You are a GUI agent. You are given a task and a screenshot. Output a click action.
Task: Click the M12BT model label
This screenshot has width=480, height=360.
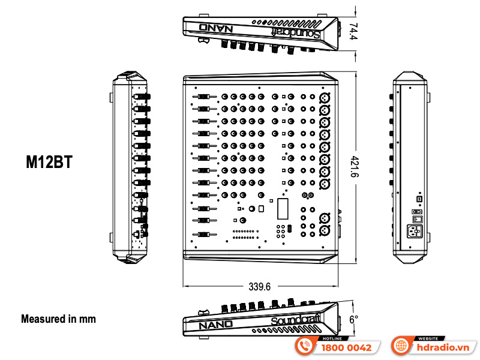[x=49, y=162]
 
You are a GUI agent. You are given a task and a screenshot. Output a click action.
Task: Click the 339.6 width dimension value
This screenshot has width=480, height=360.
[x=260, y=287]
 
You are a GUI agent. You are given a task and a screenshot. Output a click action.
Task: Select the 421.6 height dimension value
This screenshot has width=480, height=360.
[x=354, y=167]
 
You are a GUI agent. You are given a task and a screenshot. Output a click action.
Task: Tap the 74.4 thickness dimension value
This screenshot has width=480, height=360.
[x=353, y=31]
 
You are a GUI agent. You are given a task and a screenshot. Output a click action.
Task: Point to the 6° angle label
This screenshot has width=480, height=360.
[x=353, y=319]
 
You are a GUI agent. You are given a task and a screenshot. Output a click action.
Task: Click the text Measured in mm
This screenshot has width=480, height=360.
[x=58, y=319]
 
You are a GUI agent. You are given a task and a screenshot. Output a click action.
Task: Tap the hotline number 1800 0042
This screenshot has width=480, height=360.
[x=346, y=348]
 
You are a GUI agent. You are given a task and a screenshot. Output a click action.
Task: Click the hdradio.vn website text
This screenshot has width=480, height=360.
[x=443, y=348]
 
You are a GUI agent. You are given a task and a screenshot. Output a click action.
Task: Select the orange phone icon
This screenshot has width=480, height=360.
[x=304, y=346]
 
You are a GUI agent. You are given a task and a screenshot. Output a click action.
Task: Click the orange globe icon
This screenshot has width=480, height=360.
[x=401, y=346]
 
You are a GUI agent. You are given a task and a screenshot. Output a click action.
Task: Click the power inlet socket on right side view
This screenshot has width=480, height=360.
[x=415, y=231]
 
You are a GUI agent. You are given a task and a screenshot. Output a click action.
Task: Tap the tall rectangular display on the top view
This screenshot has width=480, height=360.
[x=283, y=209]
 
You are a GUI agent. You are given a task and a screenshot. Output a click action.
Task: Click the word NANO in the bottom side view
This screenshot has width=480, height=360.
[x=215, y=325]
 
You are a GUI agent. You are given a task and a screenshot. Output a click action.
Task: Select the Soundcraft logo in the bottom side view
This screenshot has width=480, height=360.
[x=296, y=320]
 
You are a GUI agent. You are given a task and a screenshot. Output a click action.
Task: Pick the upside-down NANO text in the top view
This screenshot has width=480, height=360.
[x=216, y=28]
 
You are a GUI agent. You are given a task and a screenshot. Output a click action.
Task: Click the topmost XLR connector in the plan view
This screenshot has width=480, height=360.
[x=325, y=98]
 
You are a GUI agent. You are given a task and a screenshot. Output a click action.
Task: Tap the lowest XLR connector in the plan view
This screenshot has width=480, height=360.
[x=325, y=230]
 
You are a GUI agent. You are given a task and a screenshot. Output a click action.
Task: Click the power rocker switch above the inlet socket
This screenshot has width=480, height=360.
[x=418, y=219]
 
